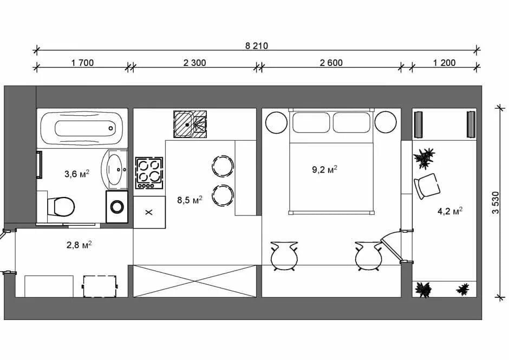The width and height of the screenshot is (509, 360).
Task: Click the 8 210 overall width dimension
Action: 257,46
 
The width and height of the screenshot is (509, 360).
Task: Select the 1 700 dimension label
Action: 82,63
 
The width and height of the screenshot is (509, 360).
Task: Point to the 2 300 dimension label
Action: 195,63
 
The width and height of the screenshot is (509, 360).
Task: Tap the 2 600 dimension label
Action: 331,63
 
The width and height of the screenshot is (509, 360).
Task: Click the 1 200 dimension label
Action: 445,63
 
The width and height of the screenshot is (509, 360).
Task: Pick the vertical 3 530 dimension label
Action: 495,203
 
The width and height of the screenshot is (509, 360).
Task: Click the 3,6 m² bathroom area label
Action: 77,174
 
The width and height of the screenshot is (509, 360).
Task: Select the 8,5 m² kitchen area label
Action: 190,200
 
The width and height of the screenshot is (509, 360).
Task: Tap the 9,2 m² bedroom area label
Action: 324,169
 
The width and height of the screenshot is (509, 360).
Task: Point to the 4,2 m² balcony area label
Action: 450,211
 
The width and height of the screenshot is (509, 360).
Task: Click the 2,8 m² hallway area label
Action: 79,245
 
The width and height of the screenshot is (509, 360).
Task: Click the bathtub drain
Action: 110,128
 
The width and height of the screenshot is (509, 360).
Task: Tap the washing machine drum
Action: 117,206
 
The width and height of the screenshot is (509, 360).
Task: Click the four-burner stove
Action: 149,173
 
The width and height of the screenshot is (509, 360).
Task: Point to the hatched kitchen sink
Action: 190,124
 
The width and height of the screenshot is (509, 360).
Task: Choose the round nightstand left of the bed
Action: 276,122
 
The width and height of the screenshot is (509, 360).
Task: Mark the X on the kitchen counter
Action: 149,212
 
